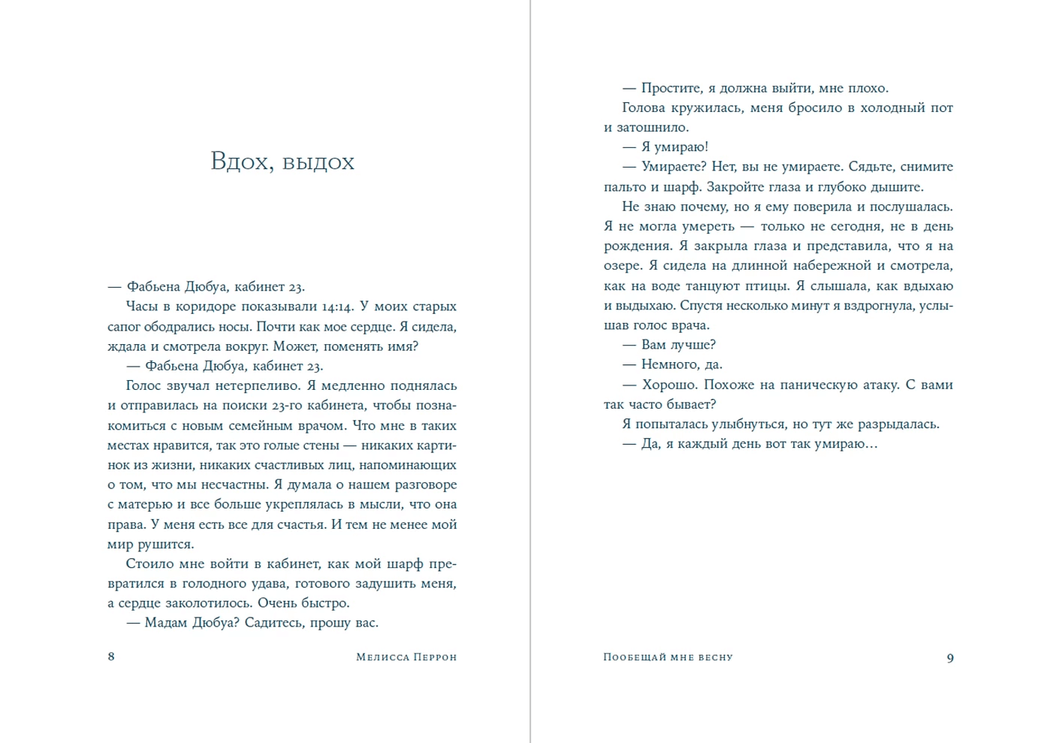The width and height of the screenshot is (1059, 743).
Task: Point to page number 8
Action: (x=111, y=657)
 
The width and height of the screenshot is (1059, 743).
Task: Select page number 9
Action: (x=950, y=658)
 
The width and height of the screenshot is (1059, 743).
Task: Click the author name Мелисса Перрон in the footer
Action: (x=406, y=657)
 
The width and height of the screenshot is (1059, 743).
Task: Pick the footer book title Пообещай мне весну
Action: (x=668, y=657)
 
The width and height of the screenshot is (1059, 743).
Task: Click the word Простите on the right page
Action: (x=671, y=88)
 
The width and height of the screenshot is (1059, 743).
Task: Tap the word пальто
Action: (x=625, y=187)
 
